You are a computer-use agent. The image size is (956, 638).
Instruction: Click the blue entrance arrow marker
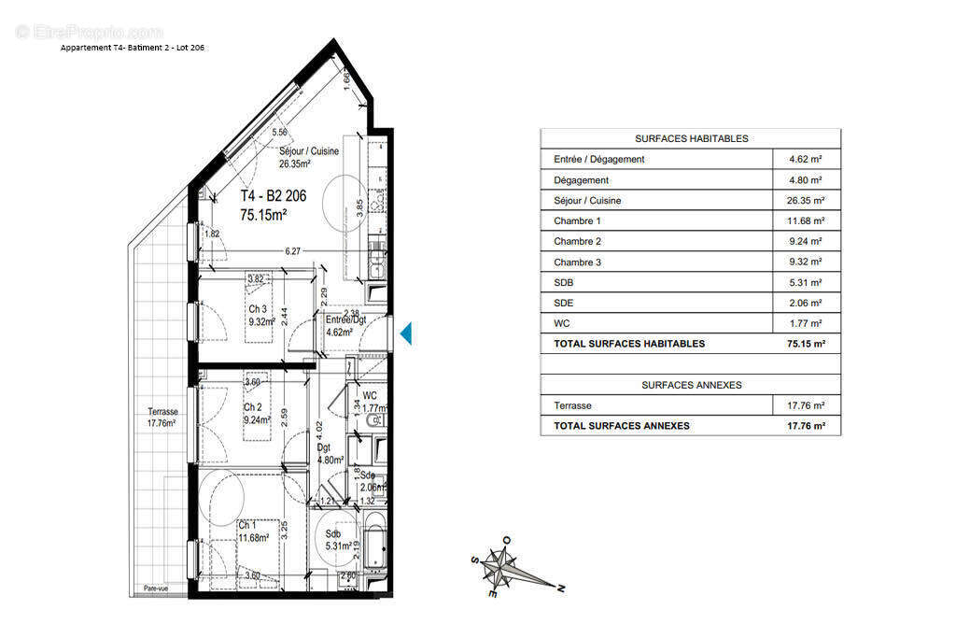[405, 333]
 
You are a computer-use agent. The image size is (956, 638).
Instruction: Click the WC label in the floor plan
[370, 396]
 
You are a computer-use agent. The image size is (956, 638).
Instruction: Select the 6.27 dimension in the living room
[293, 250]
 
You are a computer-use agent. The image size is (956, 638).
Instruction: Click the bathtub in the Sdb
[374, 543]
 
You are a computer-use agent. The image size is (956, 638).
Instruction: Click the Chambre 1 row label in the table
[577, 221]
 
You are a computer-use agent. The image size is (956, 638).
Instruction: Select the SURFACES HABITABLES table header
[691, 138]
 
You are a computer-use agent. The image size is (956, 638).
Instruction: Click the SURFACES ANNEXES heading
[691, 385]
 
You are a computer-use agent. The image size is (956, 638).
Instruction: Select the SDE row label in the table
[564, 303]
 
